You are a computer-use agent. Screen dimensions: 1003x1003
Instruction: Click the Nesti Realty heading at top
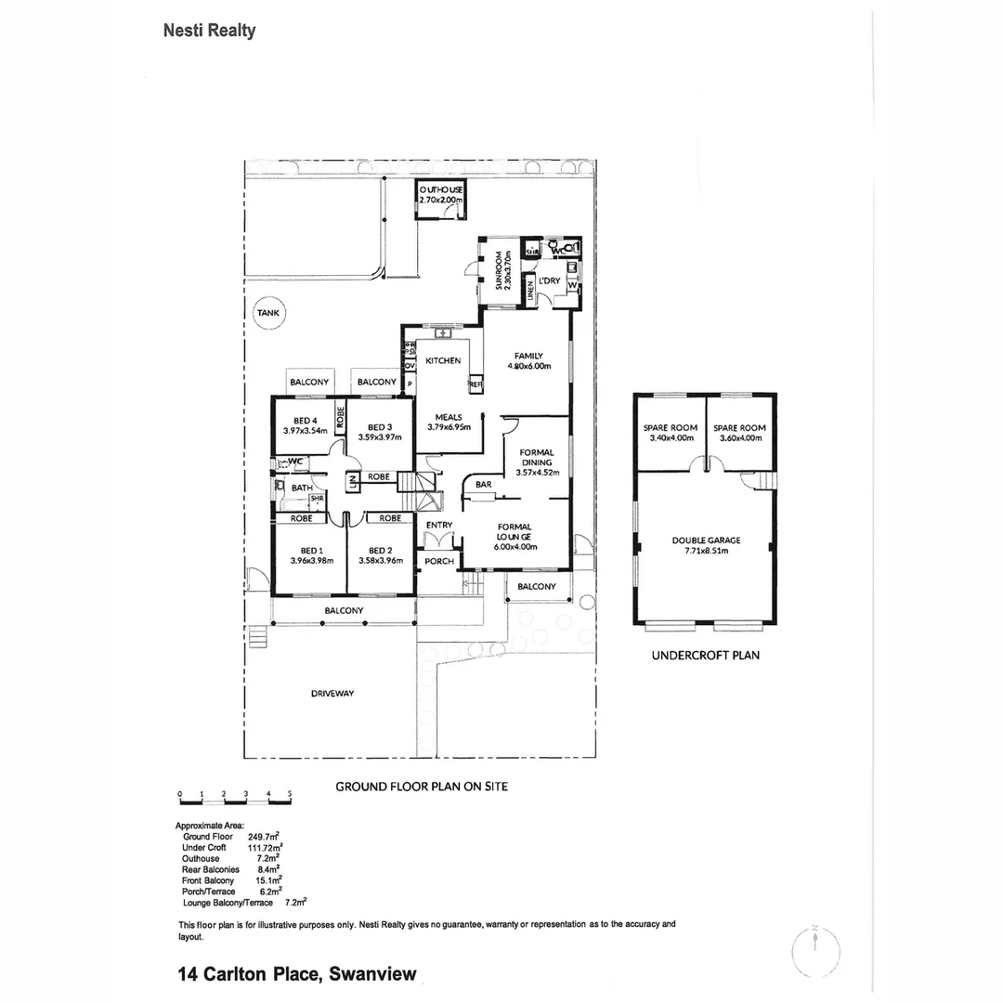click(x=209, y=31)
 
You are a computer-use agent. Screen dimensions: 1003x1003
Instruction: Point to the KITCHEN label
click(x=443, y=360)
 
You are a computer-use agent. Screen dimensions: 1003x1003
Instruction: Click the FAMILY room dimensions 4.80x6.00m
click(x=529, y=366)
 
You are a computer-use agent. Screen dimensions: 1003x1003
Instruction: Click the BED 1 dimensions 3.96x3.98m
click(x=311, y=560)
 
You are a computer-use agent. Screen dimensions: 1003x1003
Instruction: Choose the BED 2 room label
click(x=381, y=549)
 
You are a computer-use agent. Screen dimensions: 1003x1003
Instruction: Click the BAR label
click(x=483, y=485)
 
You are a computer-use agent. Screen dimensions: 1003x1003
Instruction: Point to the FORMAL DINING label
click(x=537, y=457)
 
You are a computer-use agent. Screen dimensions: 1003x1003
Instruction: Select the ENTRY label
click(x=438, y=526)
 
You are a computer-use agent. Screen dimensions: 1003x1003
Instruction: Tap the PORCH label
click(x=438, y=561)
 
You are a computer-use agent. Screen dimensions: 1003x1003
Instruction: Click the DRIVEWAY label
click(x=332, y=693)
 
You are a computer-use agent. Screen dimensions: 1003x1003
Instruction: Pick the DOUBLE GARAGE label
click(x=706, y=540)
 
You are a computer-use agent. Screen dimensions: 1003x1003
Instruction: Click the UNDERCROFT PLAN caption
click(x=705, y=655)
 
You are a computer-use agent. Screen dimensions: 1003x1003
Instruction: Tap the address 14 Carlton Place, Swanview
click(x=296, y=974)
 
